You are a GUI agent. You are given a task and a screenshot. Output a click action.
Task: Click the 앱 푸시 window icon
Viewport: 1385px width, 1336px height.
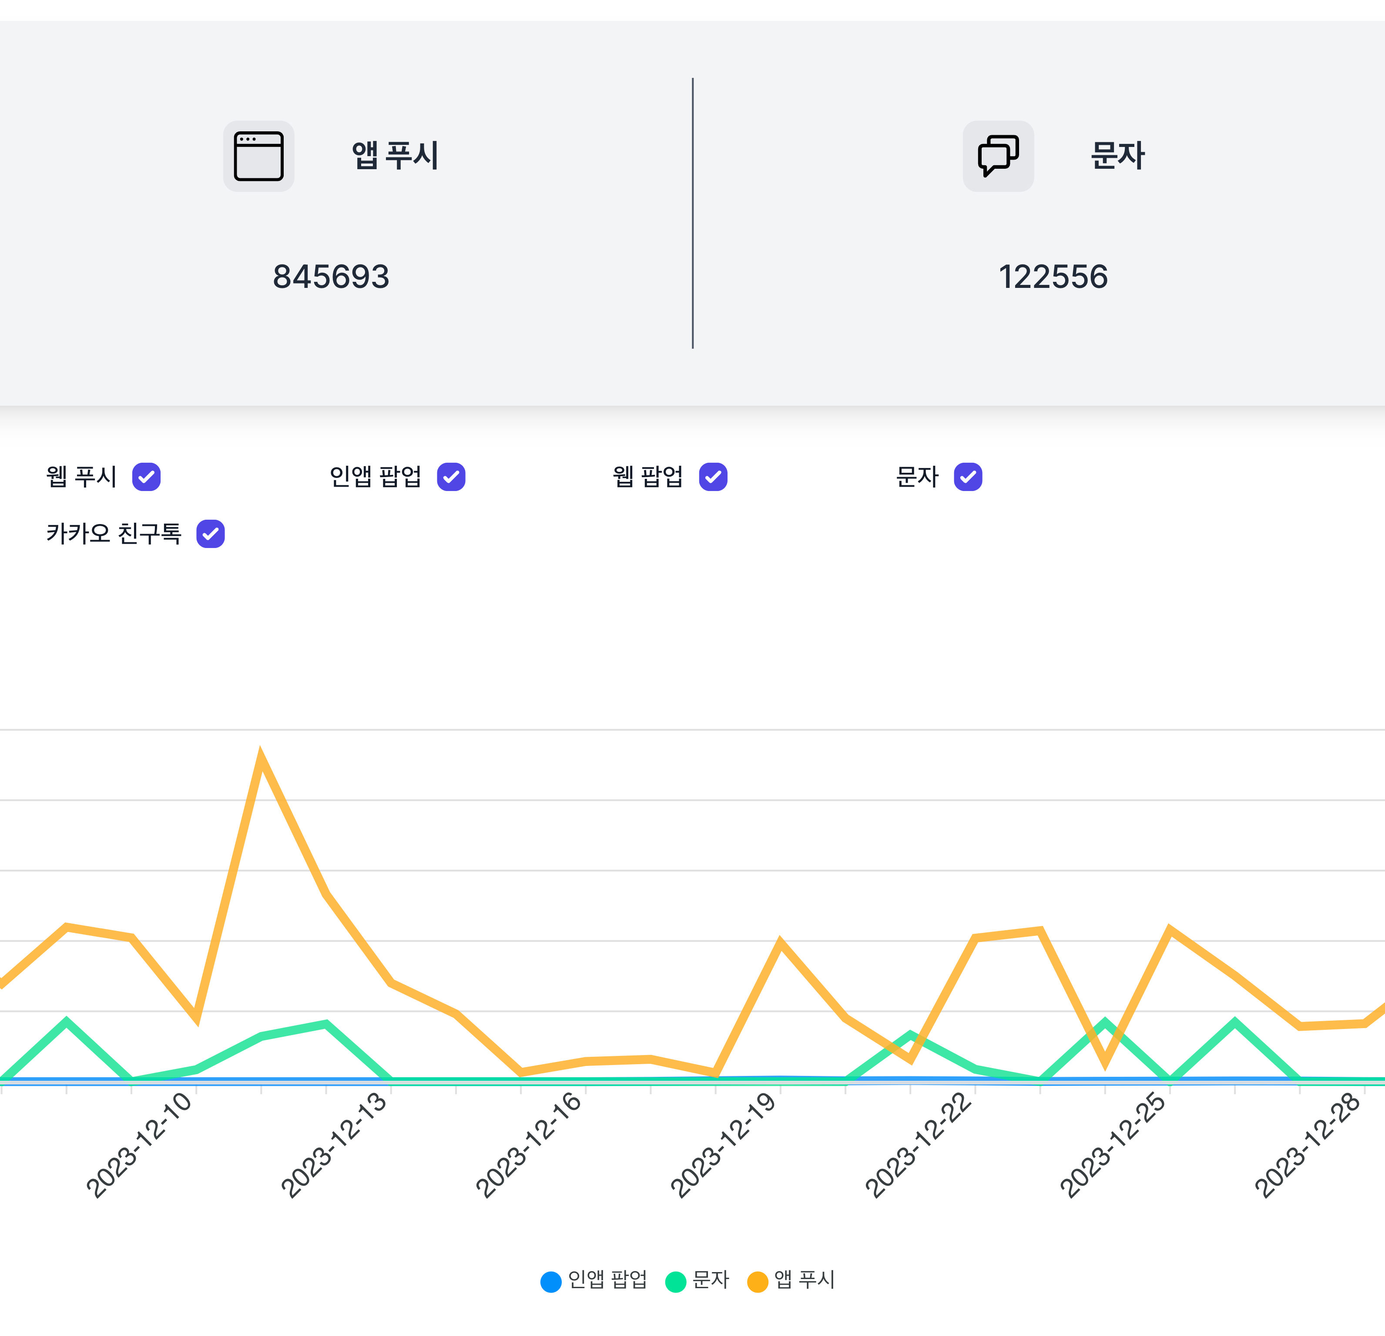pos(258,156)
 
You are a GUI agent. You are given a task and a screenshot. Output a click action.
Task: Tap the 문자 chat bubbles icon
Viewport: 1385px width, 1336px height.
pos(998,156)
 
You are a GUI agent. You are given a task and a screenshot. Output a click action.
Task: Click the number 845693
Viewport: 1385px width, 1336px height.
pos(331,276)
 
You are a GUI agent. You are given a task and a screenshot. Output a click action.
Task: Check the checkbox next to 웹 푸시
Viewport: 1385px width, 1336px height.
pos(146,477)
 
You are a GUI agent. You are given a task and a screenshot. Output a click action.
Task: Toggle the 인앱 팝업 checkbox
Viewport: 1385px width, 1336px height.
pos(451,477)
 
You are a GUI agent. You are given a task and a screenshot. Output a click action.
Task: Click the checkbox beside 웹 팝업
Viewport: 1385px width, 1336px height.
pos(713,477)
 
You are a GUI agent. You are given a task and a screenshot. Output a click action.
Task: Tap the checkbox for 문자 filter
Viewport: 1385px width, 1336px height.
pos(967,477)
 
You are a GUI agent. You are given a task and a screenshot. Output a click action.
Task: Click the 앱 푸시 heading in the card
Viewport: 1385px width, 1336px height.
pos(395,155)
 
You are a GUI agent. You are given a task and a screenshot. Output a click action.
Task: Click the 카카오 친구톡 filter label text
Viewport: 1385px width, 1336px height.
pos(114,534)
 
